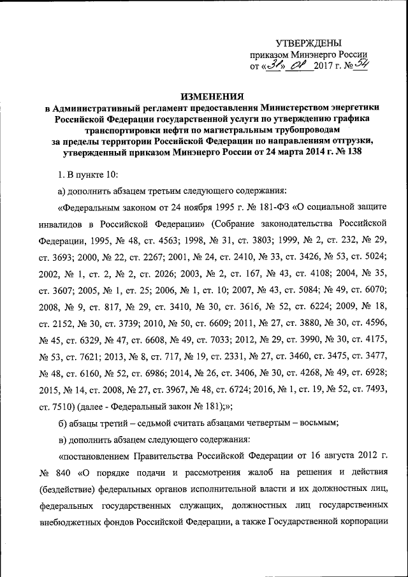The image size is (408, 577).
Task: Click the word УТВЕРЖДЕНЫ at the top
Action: (308, 43)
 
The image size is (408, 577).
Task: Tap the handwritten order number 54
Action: (361, 65)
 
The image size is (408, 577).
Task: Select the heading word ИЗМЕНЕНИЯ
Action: (212, 97)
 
